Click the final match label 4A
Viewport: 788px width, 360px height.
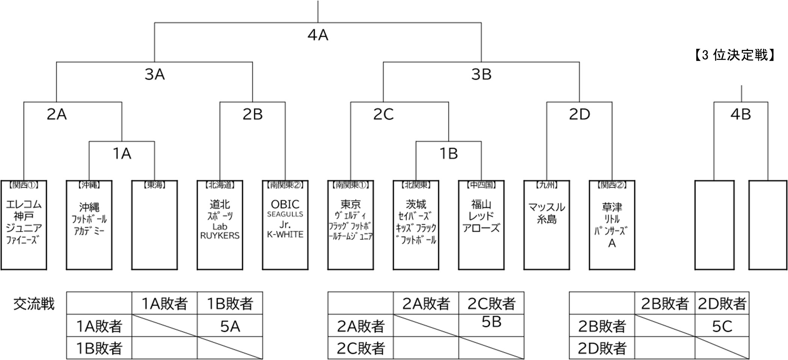click(x=318, y=35)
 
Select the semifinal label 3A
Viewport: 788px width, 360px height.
click(x=154, y=75)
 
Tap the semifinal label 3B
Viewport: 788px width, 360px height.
click(x=481, y=75)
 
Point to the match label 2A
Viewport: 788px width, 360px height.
click(x=57, y=114)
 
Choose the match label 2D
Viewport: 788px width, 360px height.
click(x=579, y=114)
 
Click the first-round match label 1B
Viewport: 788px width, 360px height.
click(x=448, y=154)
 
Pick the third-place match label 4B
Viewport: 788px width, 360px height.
click(x=740, y=114)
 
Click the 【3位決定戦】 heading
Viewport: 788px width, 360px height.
click(x=733, y=56)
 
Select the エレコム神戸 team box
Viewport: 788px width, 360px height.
click(x=24, y=225)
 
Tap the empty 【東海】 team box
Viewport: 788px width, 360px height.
click(x=154, y=225)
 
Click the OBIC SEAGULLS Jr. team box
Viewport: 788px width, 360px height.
click(x=285, y=225)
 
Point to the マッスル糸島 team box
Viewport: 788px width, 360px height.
click(x=546, y=225)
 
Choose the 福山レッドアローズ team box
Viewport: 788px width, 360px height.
click(x=481, y=225)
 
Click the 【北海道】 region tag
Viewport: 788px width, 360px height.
click(x=220, y=185)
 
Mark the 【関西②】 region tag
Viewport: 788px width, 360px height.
click(x=612, y=185)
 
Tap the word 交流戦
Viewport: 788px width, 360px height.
click(x=34, y=304)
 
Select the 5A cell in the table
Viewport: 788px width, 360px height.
click(x=230, y=326)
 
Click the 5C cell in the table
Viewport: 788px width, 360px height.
click(x=722, y=326)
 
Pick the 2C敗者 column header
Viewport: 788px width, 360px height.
click(x=491, y=303)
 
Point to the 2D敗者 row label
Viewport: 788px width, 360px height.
click(x=602, y=348)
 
